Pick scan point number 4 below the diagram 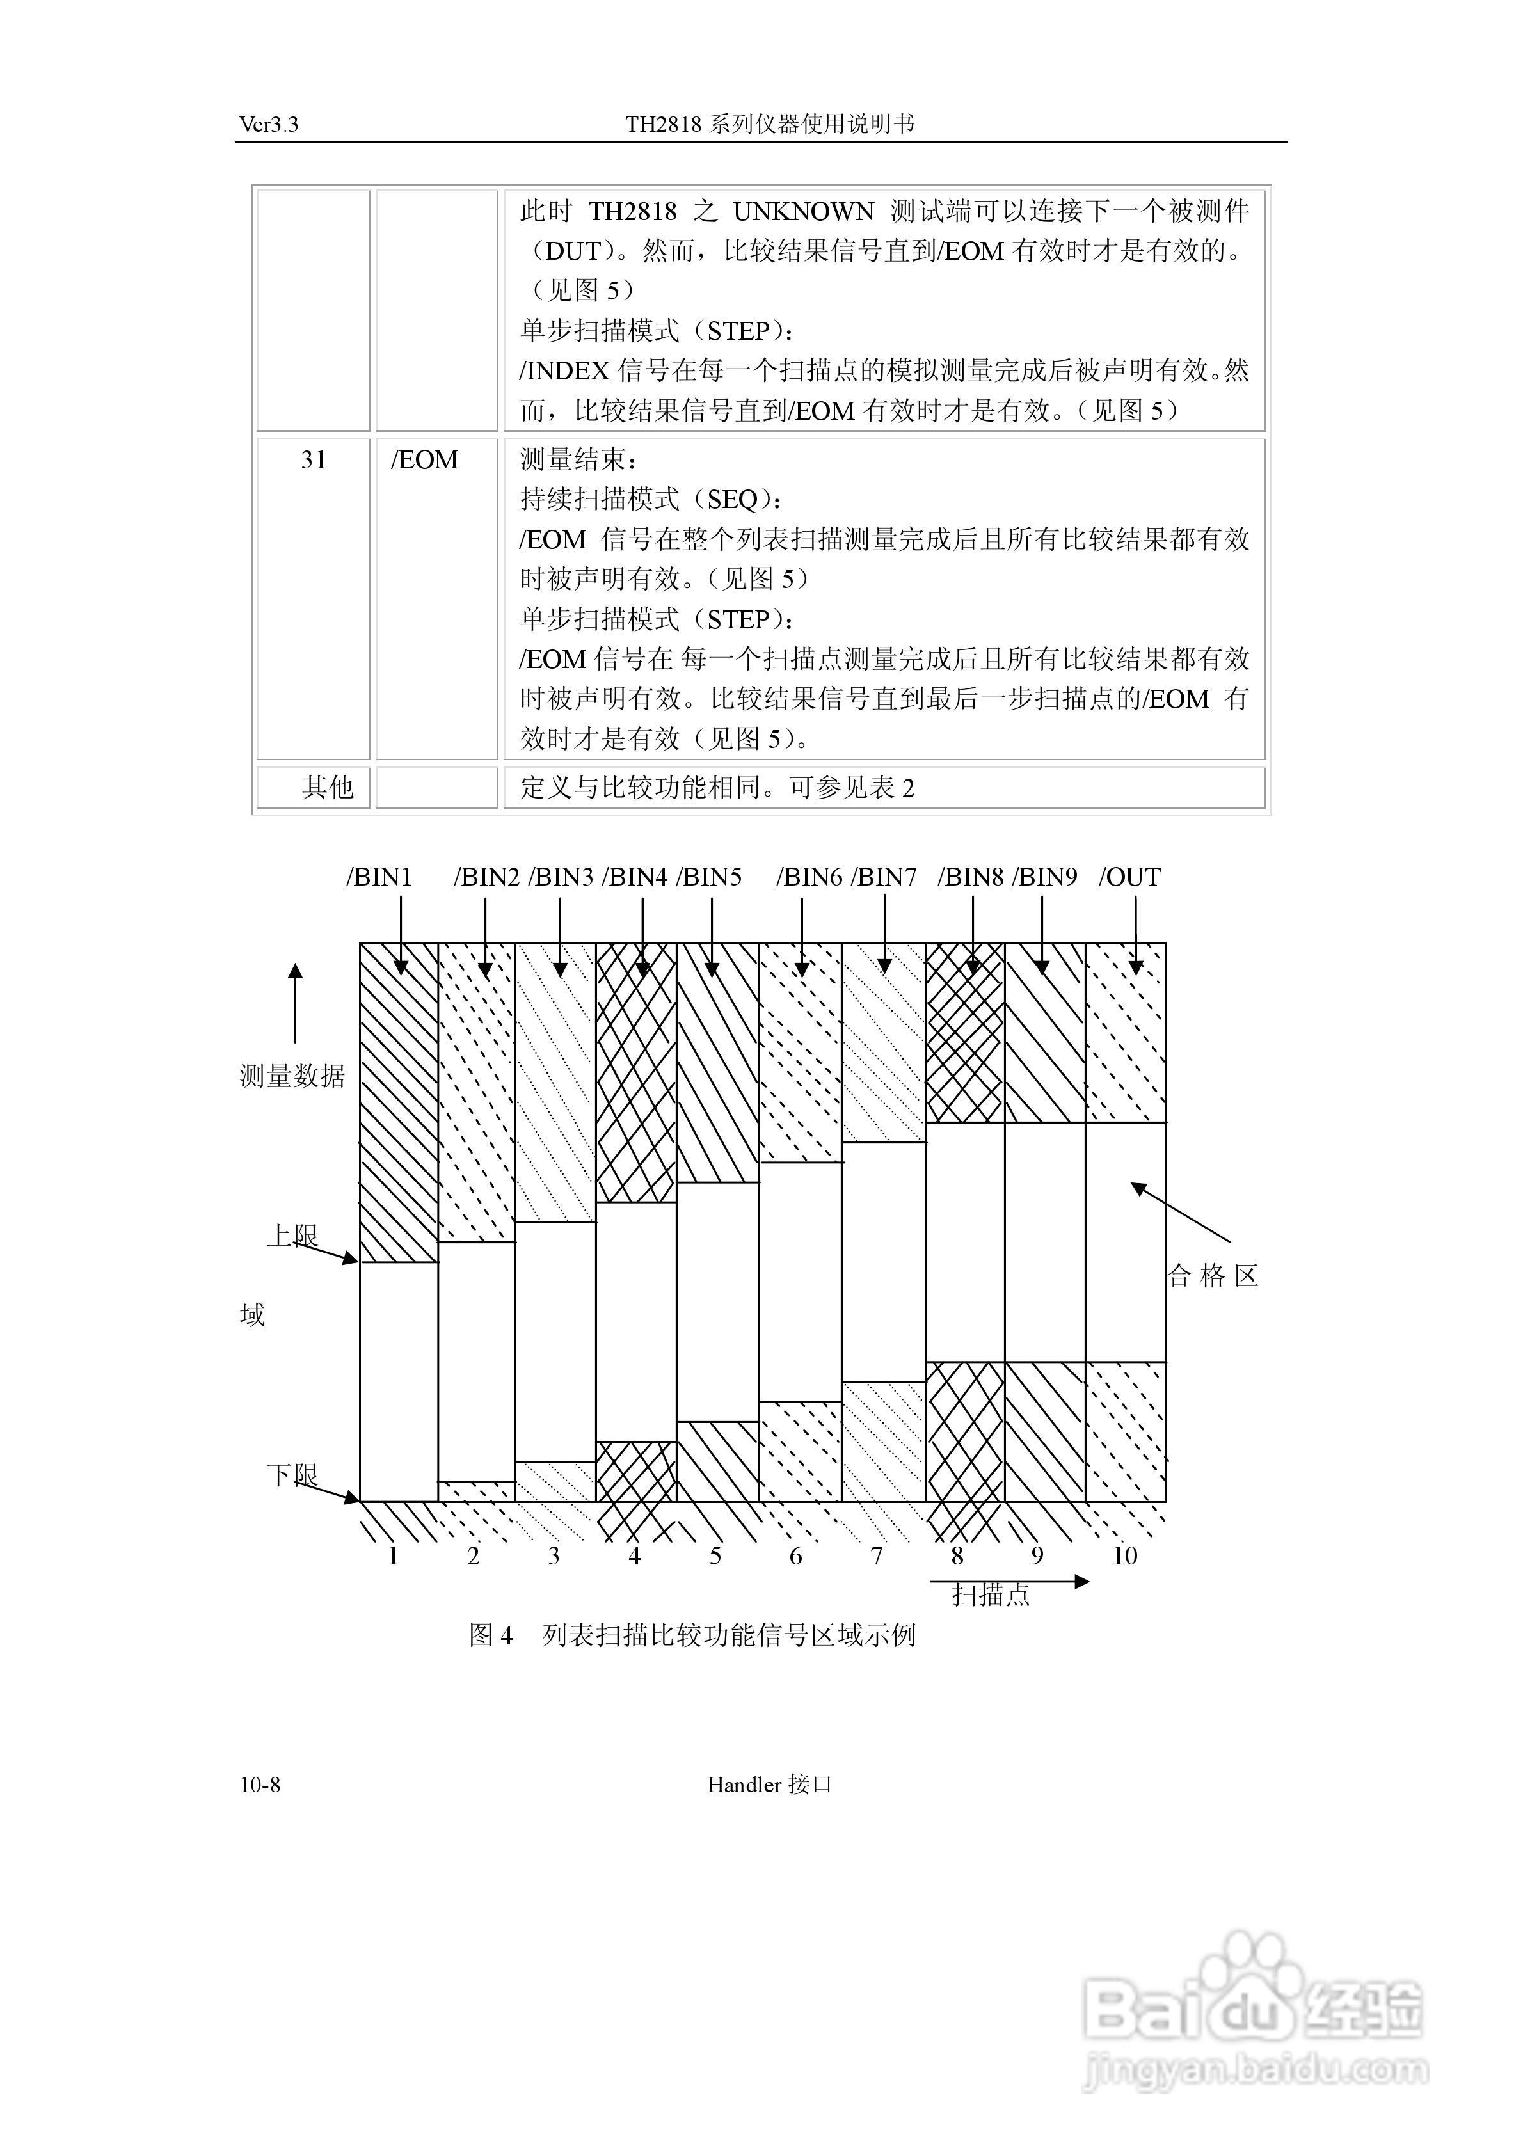point(635,1556)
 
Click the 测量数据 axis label point(292,1076)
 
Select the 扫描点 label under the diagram point(991,1594)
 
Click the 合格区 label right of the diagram point(1212,1276)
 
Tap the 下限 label point(292,1474)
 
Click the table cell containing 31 point(314,460)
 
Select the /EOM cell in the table point(424,460)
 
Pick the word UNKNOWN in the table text point(803,211)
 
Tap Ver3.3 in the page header point(269,125)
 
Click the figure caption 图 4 point(491,1635)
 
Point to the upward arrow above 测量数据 point(296,1003)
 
